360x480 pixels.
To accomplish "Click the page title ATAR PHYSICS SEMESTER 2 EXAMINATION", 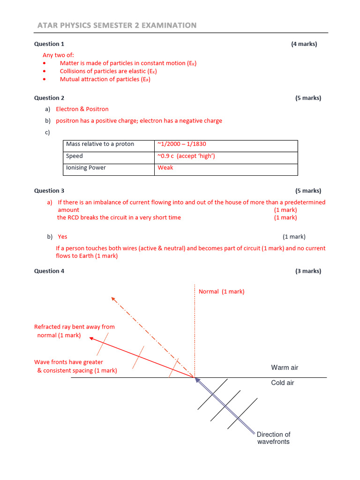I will coord(117,25).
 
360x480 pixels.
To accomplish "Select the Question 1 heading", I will coord(49,44).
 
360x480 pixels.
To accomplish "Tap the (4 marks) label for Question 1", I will coord(304,44).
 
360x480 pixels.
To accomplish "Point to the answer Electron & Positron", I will coord(82,109).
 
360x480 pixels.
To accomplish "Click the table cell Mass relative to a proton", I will coord(100,144).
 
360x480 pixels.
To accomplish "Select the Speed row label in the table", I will coord(75,156).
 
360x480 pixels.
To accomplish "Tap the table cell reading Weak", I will coord(165,168).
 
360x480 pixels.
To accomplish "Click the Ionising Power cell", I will coord(86,168).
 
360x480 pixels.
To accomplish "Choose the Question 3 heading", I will coord(49,191).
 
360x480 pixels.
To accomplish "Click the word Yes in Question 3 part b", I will coord(62,237).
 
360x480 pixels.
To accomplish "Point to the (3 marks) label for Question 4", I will coord(308,271).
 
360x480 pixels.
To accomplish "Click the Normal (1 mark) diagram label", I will coord(221,292).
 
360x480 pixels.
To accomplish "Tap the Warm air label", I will coord(285,367).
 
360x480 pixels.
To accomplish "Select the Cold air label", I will coord(283,383).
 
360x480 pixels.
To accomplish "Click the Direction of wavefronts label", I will coord(273,438).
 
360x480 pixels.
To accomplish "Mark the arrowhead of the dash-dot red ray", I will coord(112,299).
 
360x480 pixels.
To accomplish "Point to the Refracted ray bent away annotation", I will coord(74,331).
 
